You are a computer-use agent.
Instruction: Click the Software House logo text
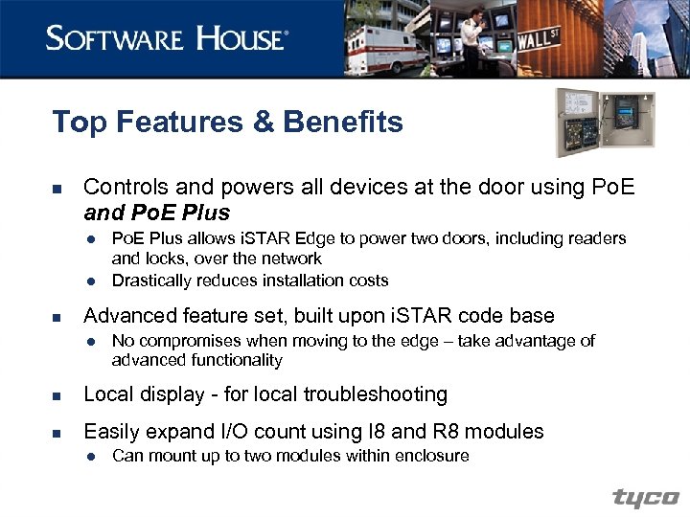pyautogui.click(x=166, y=38)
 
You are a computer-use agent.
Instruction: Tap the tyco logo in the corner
pyautogui.click(x=646, y=498)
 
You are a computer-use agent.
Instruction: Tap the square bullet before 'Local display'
pyautogui.click(x=57, y=395)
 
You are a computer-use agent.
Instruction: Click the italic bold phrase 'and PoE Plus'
pyautogui.click(x=157, y=212)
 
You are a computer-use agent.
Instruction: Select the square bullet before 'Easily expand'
pyautogui.click(x=57, y=432)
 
